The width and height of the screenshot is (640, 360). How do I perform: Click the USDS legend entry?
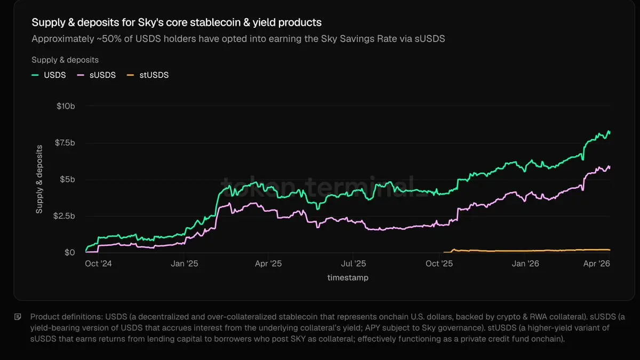click(49, 75)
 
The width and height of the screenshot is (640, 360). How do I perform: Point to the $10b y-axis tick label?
click(66, 106)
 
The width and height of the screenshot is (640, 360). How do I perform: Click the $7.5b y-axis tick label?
click(64, 143)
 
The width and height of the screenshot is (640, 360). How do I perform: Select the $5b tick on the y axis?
click(67, 179)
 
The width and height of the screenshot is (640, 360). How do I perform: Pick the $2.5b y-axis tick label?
click(64, 216)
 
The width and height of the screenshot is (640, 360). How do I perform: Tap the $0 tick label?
click(69, 252)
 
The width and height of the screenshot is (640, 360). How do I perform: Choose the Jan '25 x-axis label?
click(185, 263)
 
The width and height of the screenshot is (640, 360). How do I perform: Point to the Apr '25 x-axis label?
click(268, 263)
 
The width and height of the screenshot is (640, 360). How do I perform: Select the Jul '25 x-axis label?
click(353, 263)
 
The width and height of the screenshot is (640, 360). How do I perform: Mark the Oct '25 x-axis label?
click(439, 263)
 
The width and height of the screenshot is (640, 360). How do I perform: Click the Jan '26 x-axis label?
click(526, 263)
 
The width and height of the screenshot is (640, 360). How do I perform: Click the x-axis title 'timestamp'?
click(348, 277)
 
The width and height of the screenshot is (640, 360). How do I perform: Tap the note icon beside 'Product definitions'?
click(18, 317)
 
